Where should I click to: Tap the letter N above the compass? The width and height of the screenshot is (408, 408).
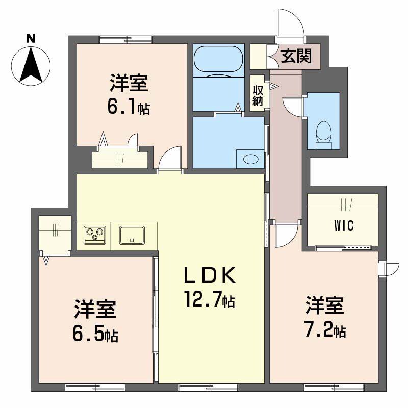pyautogui.click(x=31, y=38)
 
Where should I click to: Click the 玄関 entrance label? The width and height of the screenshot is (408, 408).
pyautogui.click(x=296, y=56)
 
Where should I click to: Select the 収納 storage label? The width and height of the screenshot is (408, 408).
pyautogui.click(x=258, y=94)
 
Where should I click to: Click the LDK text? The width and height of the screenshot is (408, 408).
pyautogui.click(x=210, y=276)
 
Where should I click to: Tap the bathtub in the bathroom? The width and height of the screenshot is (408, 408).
pyautogui.click(x=218, y=59)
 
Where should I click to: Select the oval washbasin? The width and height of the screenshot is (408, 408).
pyautogui.click(x=250, y=159)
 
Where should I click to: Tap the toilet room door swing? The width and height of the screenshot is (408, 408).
pyautogui.click(x=294, y=108)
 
